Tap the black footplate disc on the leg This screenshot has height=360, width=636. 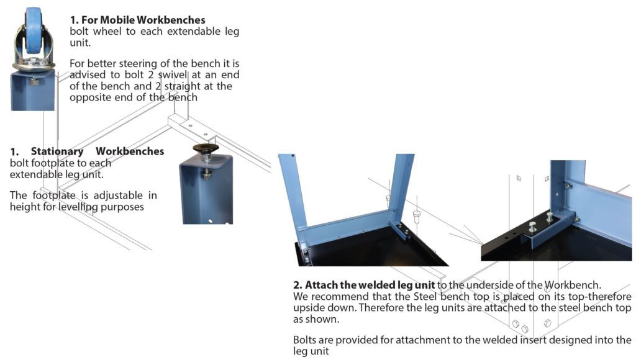(x=206, y=148)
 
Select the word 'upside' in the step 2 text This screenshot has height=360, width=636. (x=310, y=308)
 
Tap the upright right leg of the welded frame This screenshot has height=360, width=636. (x=402, y=186)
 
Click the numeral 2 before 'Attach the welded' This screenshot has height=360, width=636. (x=296, y=285)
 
